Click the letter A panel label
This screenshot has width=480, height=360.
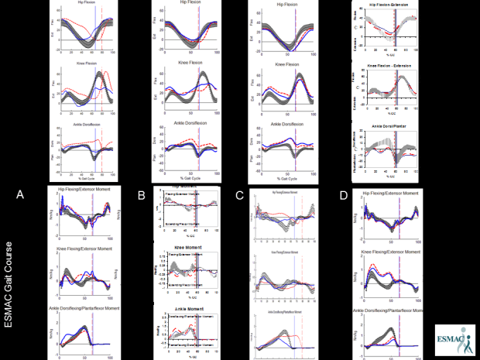coord(19,197)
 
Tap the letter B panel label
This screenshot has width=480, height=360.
coord(141,197)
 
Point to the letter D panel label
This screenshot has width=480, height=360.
coord(344,197)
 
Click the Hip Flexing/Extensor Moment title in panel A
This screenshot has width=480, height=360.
coord(84,189)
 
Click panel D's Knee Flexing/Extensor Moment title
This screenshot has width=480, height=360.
coord(392,252)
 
